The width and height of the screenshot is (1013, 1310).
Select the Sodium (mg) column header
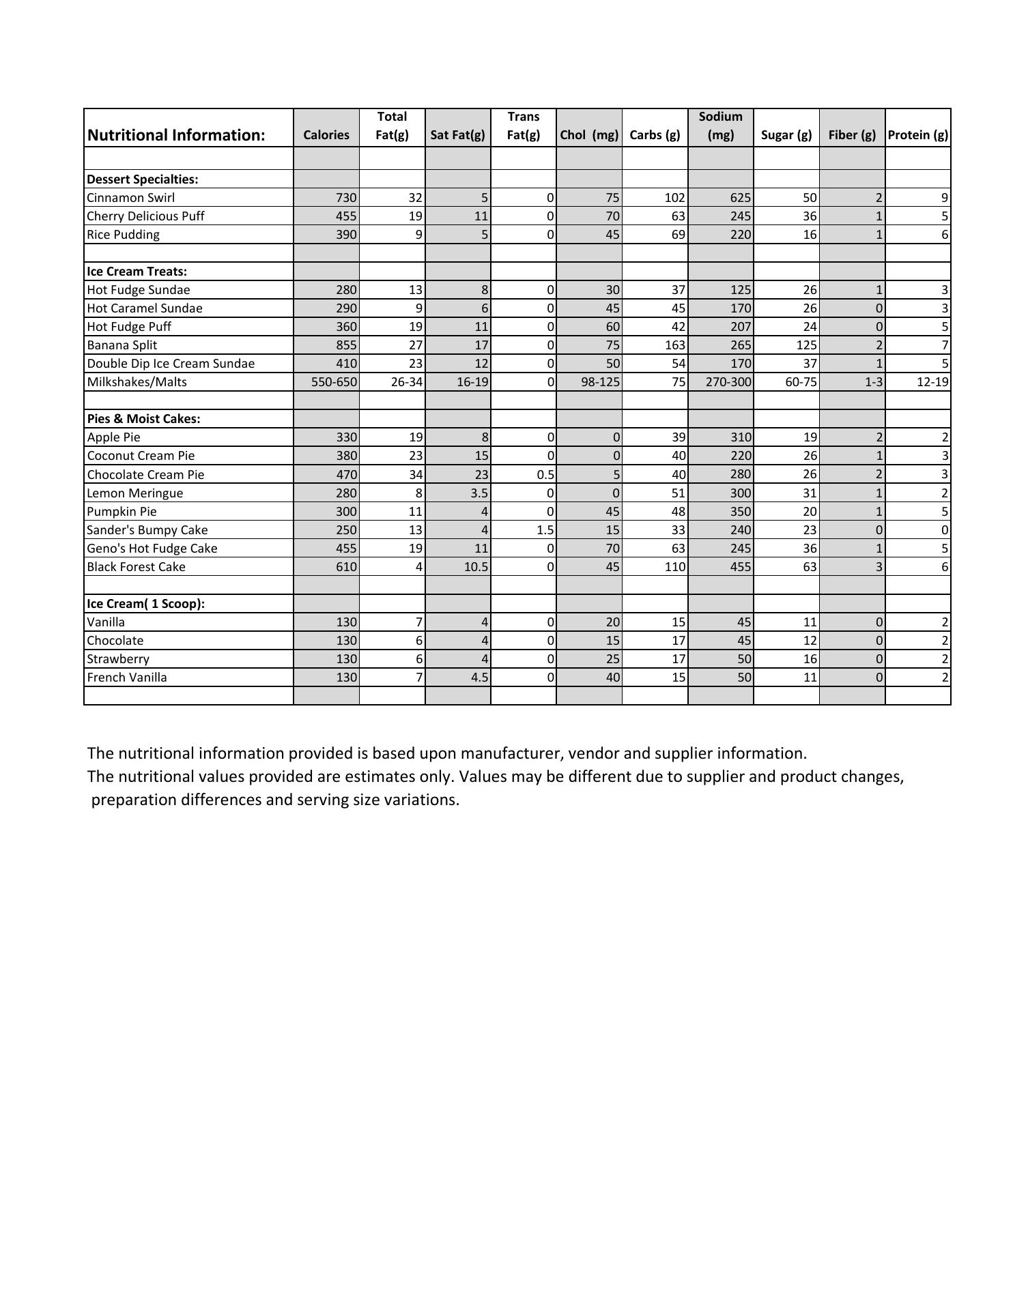[720, 126]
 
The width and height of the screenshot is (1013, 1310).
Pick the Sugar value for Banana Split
[805, 345]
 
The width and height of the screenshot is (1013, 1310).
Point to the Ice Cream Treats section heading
[137, 272]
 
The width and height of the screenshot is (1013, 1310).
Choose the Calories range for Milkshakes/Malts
[334, 382]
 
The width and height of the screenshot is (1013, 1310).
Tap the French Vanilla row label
[126, 678]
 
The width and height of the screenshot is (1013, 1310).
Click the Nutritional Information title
[176, 135]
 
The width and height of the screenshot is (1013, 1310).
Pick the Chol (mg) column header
[589, 135]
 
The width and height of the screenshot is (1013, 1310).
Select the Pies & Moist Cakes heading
[143, 419]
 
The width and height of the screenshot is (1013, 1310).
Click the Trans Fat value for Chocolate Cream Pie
[545, 475]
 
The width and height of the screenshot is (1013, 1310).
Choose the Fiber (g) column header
[852, 135]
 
